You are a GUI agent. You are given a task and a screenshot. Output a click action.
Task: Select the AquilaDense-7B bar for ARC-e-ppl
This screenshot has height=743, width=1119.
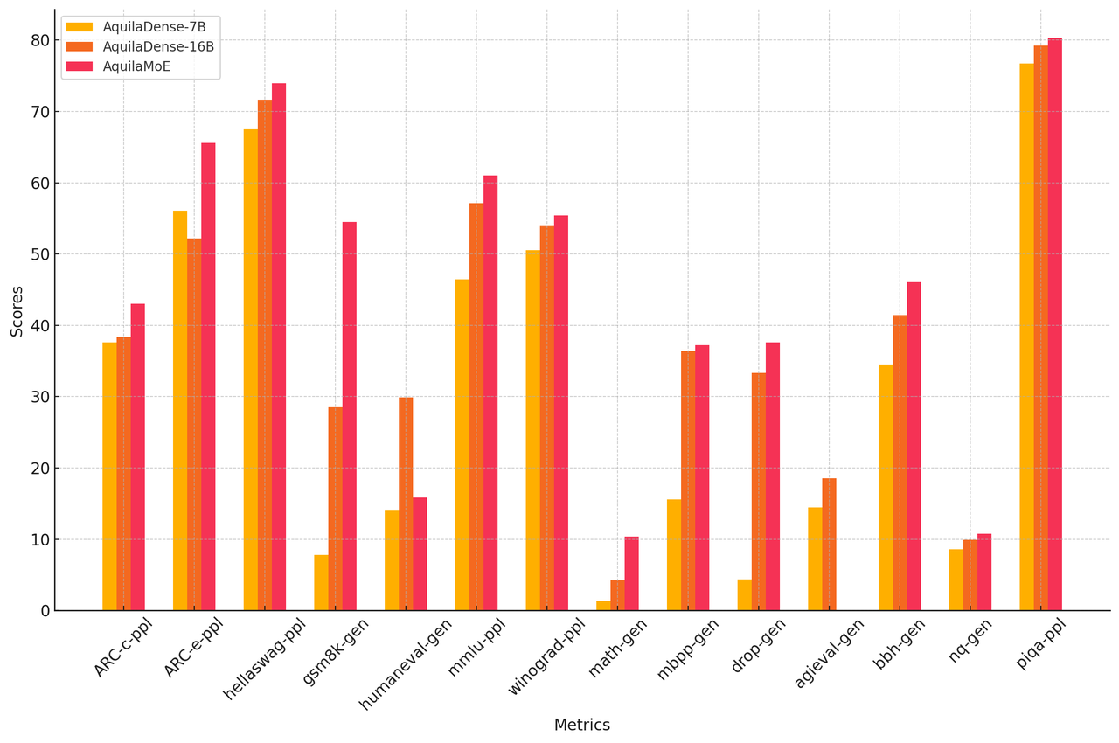click(x=180, y=411)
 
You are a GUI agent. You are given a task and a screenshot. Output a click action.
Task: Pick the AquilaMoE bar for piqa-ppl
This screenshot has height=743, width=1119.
click(x=1055, y=324)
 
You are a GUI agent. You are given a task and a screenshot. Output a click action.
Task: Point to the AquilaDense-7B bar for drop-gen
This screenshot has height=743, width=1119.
click(x=744, y=595)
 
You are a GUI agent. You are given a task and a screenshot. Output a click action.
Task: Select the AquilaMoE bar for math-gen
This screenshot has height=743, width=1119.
click(x=631, y=573)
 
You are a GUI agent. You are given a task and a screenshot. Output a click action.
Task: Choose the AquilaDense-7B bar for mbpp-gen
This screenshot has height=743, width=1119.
click(x=674, y=555)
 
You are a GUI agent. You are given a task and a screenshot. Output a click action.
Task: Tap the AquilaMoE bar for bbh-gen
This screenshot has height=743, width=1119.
click(x=914, y=447)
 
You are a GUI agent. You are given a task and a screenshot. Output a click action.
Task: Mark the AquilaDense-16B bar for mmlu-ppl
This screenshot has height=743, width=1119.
click(x=476, y=407)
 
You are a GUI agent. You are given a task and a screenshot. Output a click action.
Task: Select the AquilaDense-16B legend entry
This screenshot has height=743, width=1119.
click(x=140, y=46)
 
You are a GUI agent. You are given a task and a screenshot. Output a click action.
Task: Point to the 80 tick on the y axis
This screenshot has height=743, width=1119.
click(x=40, y=41)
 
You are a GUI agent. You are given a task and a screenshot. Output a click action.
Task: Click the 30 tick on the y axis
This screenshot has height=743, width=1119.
click(x=40, y=397)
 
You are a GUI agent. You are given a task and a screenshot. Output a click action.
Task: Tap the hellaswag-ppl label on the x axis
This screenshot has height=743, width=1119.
click(x=266, y=658)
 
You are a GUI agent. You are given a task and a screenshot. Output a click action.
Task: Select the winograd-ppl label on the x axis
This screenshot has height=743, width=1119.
click(x=547, y=656)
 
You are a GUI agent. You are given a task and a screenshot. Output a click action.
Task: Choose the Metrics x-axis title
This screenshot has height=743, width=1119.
click(x=582, y=726)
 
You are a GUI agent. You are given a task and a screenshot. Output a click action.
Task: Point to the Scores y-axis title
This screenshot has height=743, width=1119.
click(x=17, y=311)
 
